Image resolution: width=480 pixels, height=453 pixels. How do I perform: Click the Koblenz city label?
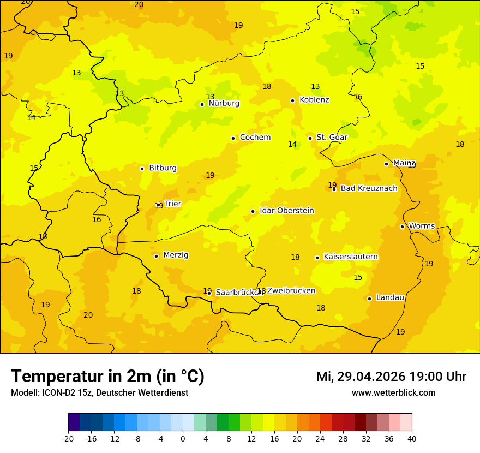(x=314, y=100)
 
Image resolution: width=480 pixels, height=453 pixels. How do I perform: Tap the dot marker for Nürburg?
(x=202, y=104)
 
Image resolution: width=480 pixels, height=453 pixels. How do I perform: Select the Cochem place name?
(x=255, y=138)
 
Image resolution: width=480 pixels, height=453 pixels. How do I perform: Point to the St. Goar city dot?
(x=310, y=138)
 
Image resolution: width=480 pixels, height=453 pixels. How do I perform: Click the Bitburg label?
(x=163, y=168)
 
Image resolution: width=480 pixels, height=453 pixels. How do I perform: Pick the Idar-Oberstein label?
(x=287, y=211)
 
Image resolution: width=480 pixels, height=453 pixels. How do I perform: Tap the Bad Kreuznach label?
(x=369, y=188)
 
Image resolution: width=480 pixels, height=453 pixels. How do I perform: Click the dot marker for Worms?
(x=402, y=226)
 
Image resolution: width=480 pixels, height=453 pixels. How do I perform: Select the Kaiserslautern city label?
(x=351, y=257)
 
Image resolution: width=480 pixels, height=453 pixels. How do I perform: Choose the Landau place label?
(x=390, y=297)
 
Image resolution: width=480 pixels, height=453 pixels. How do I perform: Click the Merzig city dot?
(x=156, y=256)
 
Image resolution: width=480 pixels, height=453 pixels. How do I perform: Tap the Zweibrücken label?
(x=291, y=291)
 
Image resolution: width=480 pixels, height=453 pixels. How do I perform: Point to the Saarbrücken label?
(x=239, y=293)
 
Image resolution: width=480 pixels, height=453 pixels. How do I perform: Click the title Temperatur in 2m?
(x=107, y=376)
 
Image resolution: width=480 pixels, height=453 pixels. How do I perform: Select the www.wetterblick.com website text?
(x=393, y=393)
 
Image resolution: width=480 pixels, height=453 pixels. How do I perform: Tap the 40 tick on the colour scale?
(x=412, y=438)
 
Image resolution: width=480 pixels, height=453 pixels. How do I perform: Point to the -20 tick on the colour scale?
(x=68, y=438)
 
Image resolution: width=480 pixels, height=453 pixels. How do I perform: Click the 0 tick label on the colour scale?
(x=183, y=438)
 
